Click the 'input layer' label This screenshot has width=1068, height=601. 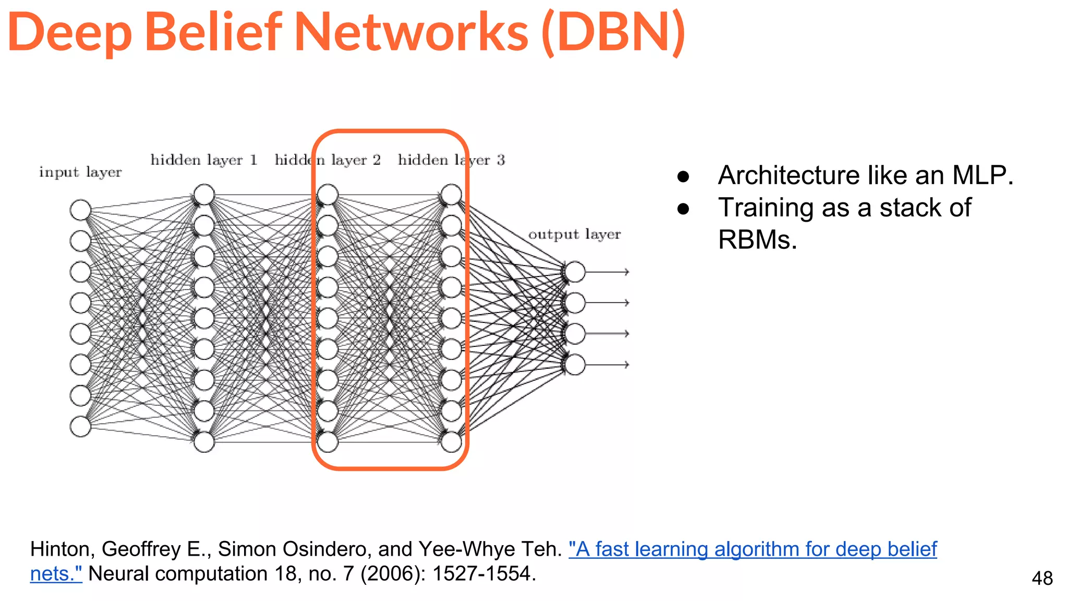(x=80, y=172)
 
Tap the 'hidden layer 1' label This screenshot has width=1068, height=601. (x=204, y=160)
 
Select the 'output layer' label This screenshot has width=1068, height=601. (x=575, y=234)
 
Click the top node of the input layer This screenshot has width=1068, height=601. (x=80, y=210)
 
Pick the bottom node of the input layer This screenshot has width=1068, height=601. (x=80, y=426)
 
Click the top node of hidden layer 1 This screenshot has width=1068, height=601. (x=204, y=195)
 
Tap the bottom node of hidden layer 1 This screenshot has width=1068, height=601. (x=204, y=442)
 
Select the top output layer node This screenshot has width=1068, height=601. (x=575, y=272)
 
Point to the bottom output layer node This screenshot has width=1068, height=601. (x=575, y=365)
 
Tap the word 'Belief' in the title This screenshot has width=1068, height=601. (x=213, y=32)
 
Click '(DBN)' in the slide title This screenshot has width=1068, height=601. (x=613, y=32)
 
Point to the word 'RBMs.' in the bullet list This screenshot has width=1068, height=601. (x=757, y=240)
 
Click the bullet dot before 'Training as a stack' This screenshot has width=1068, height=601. (x=683, y=209)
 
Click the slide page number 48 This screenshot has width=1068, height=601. (x=1042, y=579)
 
